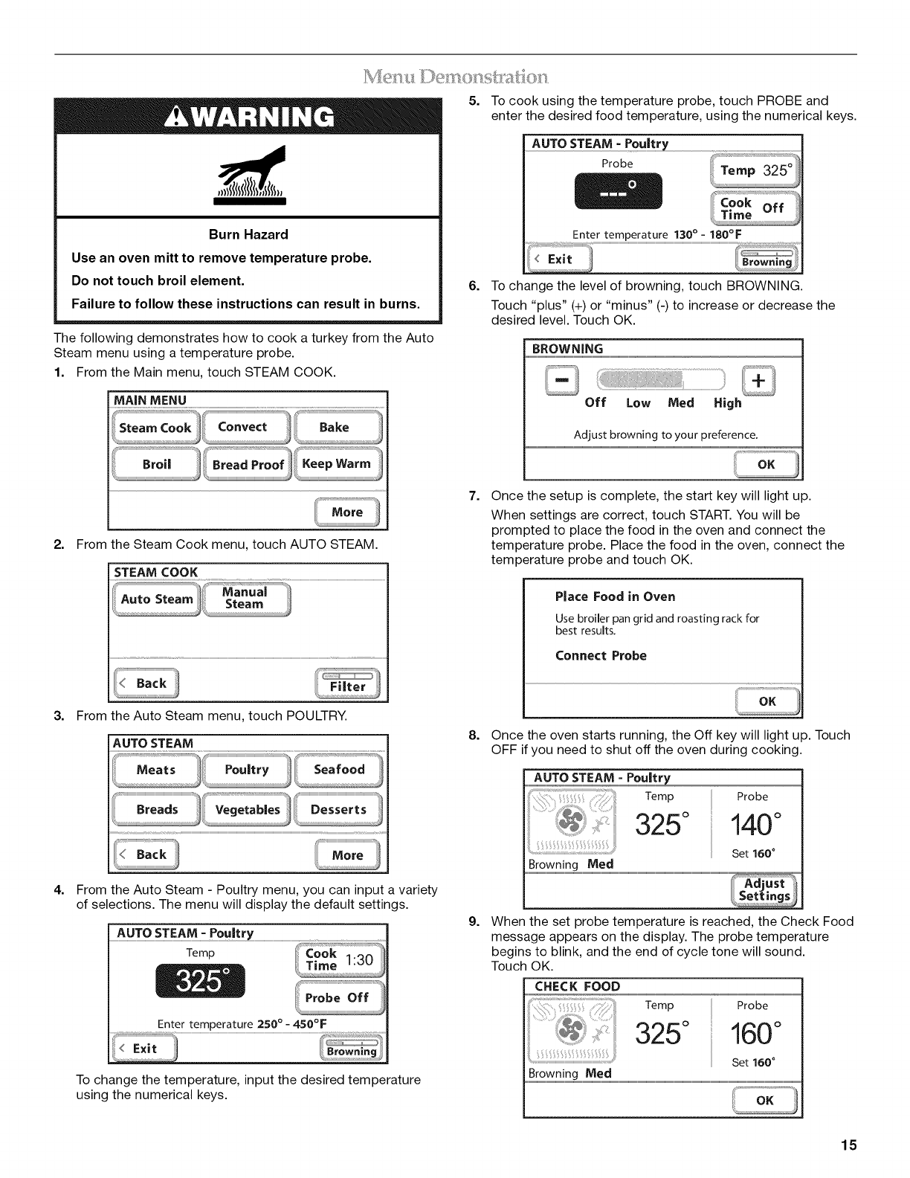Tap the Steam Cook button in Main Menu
(x=155, y=428)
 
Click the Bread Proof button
(x=248, y=465)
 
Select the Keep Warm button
(x=337, y=464)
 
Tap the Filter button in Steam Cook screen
(x=347, y=684)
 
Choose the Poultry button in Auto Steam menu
(x=247, y=770)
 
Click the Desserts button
(x=338, y=810)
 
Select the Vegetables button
(x=248, y=810)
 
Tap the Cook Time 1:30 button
(x=339, y=959)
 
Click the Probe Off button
(x=339, y=998)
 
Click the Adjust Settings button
(x=764, y=889)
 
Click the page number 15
(x=849, y=1145)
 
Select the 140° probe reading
(x=755, y=824)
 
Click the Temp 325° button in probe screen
(x=755, y=170)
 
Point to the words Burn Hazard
(x=248, y=235)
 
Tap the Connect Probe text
(x=601, y=656)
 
